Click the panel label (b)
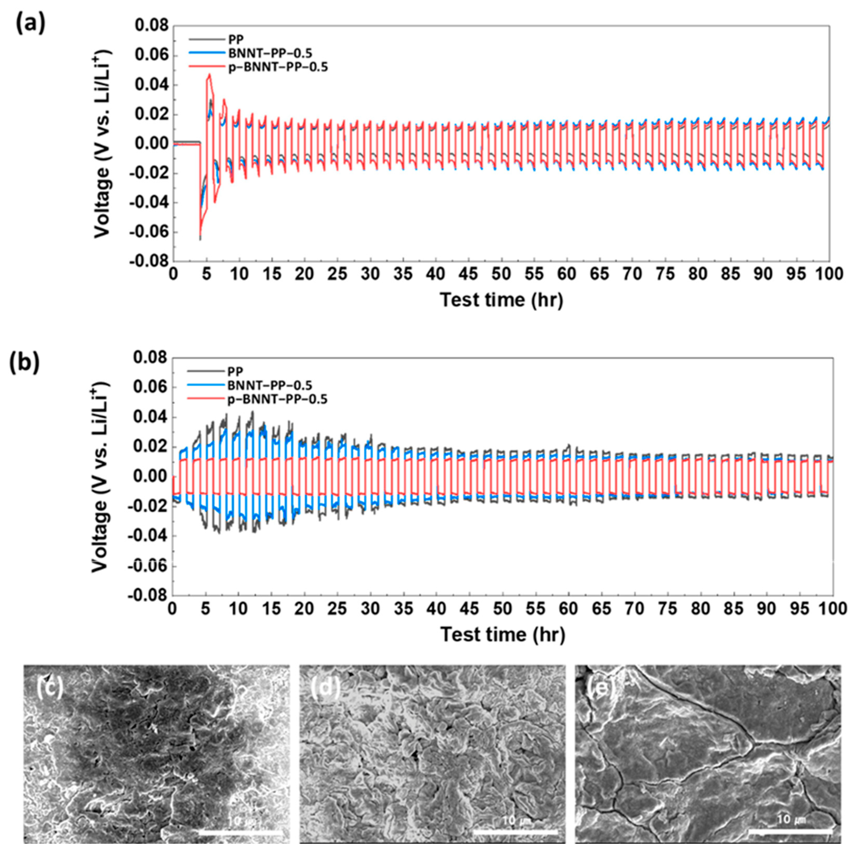click(x=25, y=362)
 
